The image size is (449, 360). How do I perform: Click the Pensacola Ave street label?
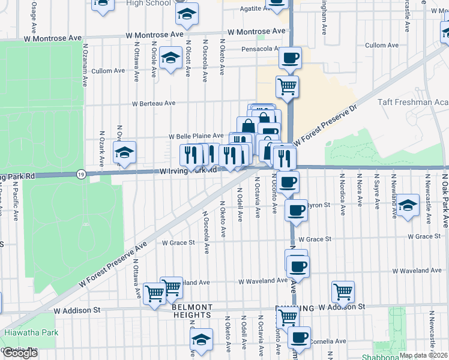click(x=261, y=49)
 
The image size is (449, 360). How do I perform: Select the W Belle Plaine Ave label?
click(x=196, y=136)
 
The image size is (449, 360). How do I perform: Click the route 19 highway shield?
click(x=81, y=174)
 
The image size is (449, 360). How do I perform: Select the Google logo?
click(x=20, y=352)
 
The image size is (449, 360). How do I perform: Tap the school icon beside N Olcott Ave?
click(x=171, y=59)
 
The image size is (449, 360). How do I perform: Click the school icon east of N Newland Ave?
click(x=408, y=205)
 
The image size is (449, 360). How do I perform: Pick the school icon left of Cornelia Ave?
click(x=202, y=339)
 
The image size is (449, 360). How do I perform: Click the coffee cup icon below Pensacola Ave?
click(x=290, y=58)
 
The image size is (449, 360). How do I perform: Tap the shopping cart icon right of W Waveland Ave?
click(x=343, y=292)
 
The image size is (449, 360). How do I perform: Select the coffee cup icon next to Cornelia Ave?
click(x=299, y=337)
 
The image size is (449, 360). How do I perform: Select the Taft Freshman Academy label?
click(x=413, y=102)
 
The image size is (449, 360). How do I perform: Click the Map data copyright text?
click(x=423, y=355)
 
